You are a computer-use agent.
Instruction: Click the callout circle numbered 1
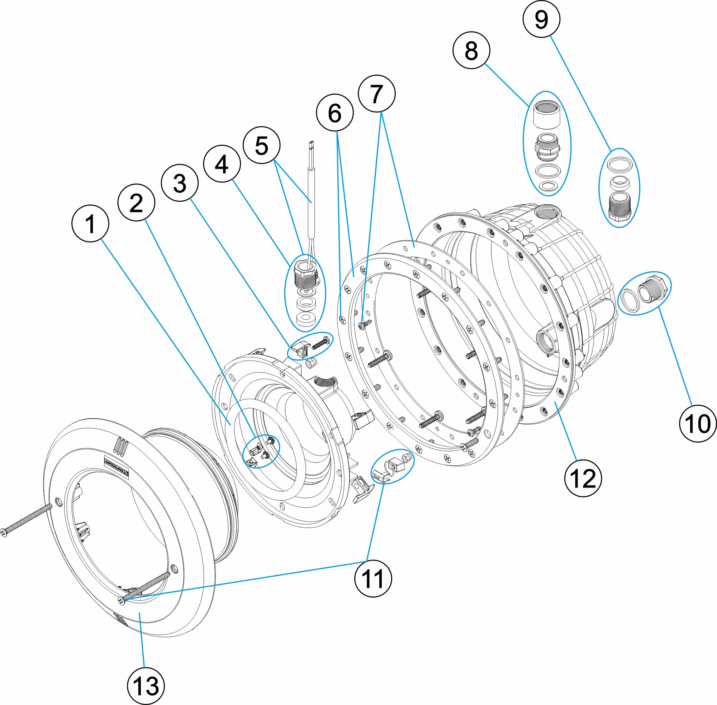coord(90,224)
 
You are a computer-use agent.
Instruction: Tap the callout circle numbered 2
coord(136,203)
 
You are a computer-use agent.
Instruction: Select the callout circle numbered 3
coord(180,183)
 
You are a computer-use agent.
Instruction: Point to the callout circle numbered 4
coord(222,164)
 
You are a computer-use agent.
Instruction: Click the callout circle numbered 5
coord(261,145)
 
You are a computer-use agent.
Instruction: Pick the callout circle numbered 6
coord(335,113)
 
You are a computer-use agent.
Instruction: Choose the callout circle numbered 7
coord(377,94)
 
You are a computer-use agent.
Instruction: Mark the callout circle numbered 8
coord(471,50)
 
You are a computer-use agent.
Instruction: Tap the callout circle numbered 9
coord(541,19)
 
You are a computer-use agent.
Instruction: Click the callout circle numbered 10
coord(698,424)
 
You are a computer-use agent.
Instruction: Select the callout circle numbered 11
coord(373,578)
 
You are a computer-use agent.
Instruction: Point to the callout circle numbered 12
coord(583,478)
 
